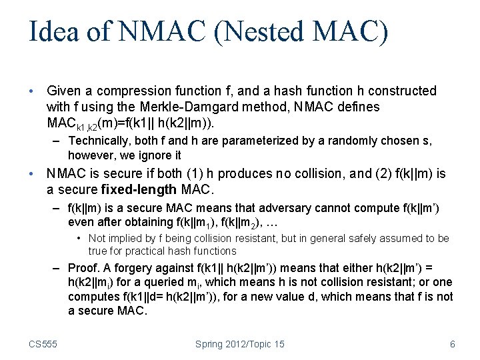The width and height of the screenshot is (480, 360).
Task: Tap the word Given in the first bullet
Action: point(65,91)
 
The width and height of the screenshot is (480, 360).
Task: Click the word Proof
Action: point(85,269)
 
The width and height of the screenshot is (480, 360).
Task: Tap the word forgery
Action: point(139,269)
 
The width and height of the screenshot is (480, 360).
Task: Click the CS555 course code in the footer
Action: point(43,344)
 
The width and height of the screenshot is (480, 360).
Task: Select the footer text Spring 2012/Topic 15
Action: point(240,344)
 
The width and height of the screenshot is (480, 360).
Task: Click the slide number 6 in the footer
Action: point(453,344)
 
